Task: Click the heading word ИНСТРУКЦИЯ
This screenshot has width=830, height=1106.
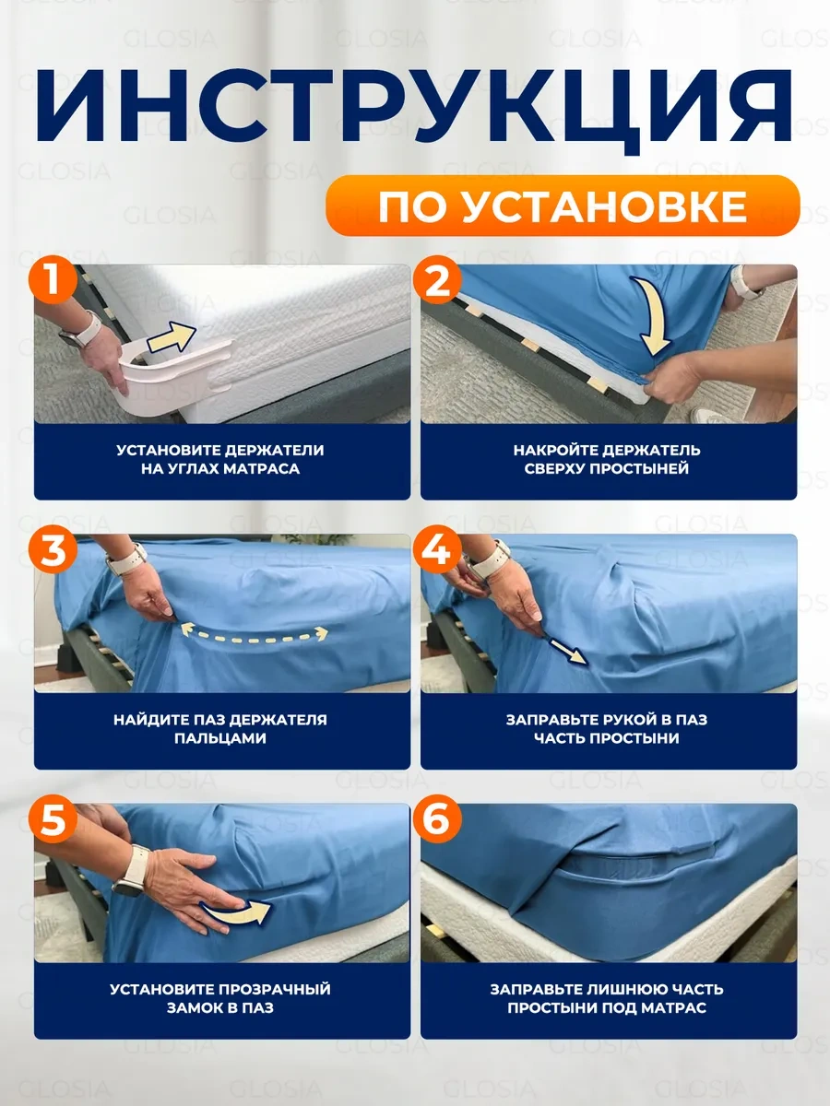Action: pyautogui.click(x=415, y=109)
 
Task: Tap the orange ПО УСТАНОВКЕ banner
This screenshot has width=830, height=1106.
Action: pyautogui.click(x=561, y=207)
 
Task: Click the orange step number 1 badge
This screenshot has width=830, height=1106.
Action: pyautogui.click(x=55, y=282)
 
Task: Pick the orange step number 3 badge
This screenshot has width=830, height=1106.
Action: pyautogui.click(x=55, y=551)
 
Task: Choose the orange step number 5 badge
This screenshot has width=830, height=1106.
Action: pyautogui.click(x=55, y=820)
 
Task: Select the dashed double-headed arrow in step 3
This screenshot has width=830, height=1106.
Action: pyautogui.click(x=253, y=633)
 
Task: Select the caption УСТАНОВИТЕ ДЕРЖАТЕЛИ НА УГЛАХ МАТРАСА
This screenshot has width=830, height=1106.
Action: pyautogui.click(x=221, y=460)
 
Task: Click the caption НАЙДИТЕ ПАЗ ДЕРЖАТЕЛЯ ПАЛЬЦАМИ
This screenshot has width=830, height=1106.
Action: pyautogui.click(x=221, y=729)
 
